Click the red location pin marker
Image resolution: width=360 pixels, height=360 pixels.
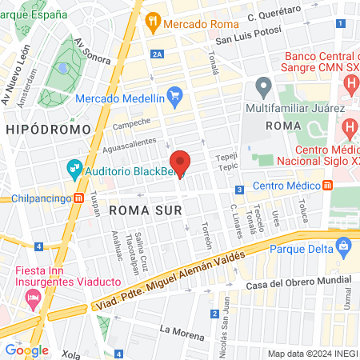[x=179, y=162]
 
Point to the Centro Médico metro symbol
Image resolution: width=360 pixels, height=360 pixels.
[x=328, y=186]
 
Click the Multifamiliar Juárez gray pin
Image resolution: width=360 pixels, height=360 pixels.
[x=262, y=86]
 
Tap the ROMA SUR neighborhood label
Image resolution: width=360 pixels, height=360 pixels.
[x=146, y=210]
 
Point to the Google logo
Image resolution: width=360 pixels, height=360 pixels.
[x=26, y=350]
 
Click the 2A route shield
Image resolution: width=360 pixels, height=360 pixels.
[x=158, y=54]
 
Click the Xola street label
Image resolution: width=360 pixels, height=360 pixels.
[x=71, y=352]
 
